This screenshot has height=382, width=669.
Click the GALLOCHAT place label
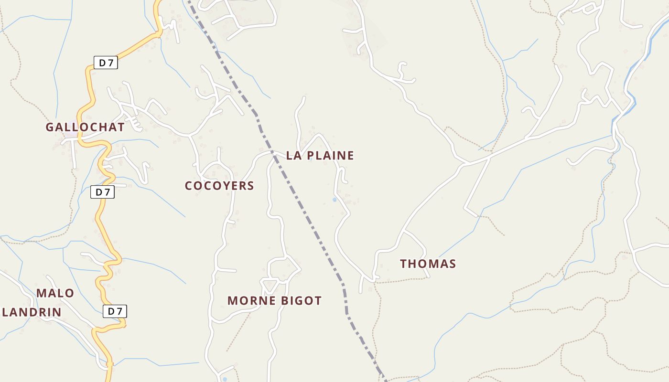[85, 127]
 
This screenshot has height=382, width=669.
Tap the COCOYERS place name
[219, 186]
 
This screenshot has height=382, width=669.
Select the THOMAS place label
[428, 264]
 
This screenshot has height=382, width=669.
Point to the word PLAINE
[330, 155]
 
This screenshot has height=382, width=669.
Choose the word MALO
[55, 293]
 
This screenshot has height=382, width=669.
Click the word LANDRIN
[32, 312]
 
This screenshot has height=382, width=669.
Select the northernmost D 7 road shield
[106, 63]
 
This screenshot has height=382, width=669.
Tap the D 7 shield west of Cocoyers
[102, 192]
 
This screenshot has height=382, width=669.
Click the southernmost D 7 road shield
[115, 312]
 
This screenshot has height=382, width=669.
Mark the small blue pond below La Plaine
[334, 200]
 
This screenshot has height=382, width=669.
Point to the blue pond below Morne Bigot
[225, 367]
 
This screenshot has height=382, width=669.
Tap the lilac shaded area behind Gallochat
[71, 135]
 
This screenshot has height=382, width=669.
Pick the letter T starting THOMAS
[404, 264]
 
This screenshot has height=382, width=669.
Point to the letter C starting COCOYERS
[189, 186]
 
